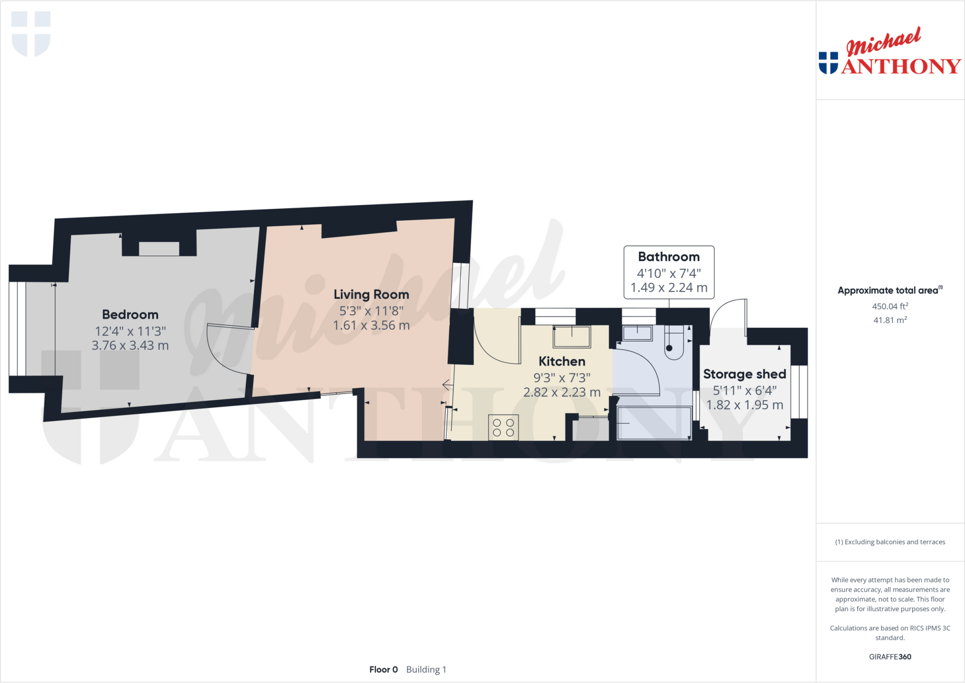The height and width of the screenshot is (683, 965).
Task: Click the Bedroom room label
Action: (x=130, y=314)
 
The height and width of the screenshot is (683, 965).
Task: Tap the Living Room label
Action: (x=371, y=295)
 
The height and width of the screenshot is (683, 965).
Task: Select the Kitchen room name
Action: (x=562, y=362)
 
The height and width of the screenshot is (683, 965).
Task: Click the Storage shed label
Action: (x=744, y=374)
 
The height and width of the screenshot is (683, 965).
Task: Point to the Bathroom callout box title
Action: (x=669, y=257)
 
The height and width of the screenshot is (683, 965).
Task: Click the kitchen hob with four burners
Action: (x=503, y=427)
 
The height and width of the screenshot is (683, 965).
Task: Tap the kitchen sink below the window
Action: (x=572, y=337)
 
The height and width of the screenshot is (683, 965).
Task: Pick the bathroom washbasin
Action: (x=637, y=333)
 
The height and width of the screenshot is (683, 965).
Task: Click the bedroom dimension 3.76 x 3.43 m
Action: (x=130, y=346)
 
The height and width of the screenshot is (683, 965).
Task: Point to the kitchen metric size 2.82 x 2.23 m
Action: (x=562, y=392)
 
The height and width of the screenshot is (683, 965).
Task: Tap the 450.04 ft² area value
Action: (x=890, y=306)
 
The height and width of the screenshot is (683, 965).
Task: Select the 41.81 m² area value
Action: (x=890, y=320)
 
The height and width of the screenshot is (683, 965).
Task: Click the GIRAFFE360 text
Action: (x=890, y=657)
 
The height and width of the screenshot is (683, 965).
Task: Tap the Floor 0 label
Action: (x=384, y=669)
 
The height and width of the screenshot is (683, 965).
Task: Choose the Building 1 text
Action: (x=426, y=669)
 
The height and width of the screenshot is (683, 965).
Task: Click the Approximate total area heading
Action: (x=889, y=290)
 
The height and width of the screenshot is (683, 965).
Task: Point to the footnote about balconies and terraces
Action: (x=890, y=542)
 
